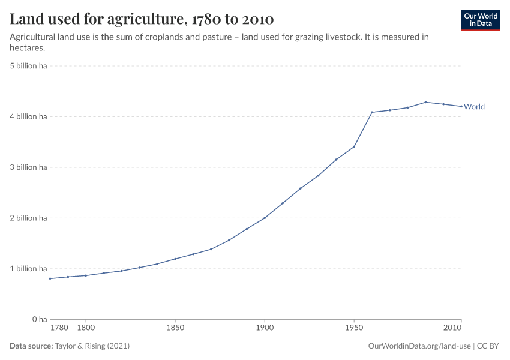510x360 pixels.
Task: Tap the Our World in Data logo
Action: [481, 20]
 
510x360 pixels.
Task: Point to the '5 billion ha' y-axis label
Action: [28, 66]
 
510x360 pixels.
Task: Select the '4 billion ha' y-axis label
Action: [28, 117]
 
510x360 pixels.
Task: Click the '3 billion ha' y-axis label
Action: [28, 167]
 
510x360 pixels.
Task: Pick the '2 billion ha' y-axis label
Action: [28, 218]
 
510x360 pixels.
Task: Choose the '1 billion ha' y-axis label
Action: [28, 269]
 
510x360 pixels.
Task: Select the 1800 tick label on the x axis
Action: [86, 328]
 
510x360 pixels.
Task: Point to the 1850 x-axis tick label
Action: [175, 328]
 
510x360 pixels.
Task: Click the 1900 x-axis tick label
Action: [265, 328]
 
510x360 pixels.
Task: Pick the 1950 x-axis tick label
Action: [354, 328]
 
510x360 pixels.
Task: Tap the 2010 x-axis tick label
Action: [452, 328]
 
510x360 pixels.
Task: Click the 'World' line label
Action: [474, 107]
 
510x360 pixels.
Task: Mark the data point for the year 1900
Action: [265, 218]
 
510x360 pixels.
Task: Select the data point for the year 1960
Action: [372, 112]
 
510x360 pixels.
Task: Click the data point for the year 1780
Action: [50, 278]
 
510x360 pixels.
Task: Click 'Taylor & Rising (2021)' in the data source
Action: [92, 346]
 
